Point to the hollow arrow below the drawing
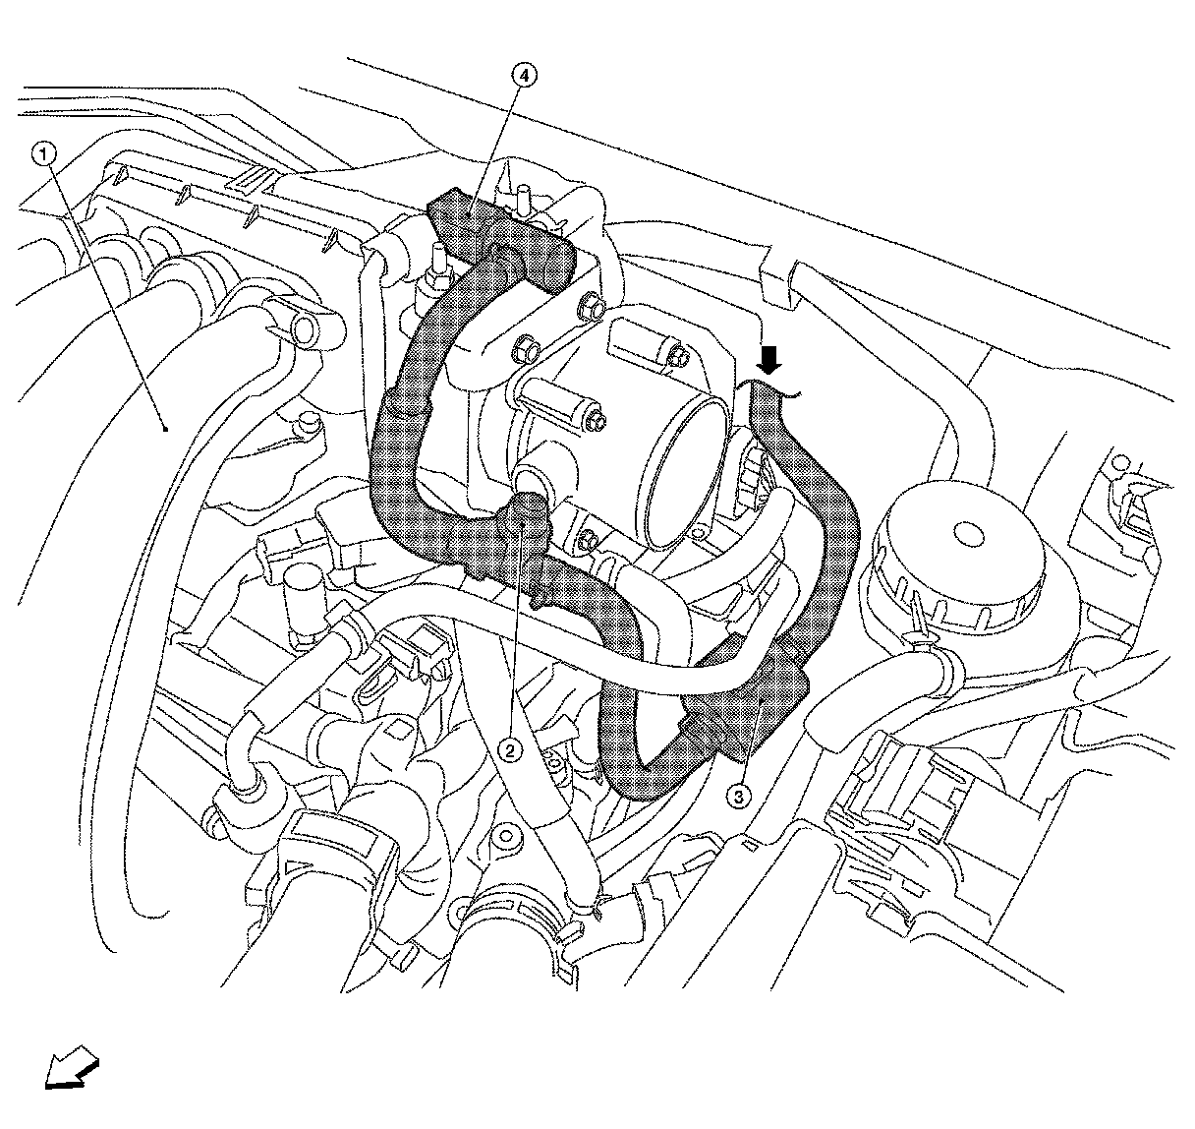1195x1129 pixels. [x=72, y=1070]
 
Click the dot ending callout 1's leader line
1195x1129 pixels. [x=165, y=428]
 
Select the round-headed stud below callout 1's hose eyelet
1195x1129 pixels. [x=310, y=425]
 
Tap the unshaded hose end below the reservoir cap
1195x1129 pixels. [x=840, y=717]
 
